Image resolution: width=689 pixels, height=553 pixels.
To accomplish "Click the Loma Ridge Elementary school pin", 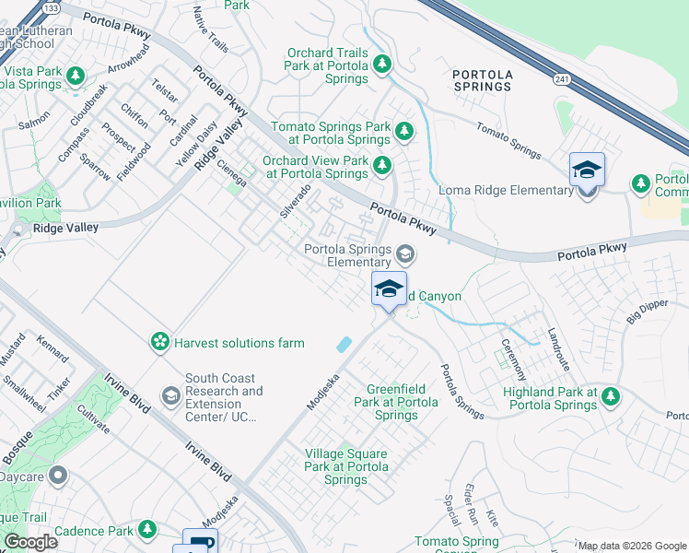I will tap(587, 171).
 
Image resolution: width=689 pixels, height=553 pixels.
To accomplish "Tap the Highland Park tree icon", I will tap(609, 396).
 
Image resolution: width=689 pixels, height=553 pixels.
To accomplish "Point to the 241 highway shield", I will tap(562, 80).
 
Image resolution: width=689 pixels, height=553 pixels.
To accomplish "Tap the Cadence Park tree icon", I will tap(147, 530).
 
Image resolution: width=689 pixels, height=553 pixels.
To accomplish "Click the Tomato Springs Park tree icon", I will tap(403, 132).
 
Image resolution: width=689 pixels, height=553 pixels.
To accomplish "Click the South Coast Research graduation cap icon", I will tap(170, 396).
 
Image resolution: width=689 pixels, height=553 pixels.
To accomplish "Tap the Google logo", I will tap(31, 542).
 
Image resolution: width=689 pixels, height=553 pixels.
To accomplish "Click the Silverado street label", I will tap(296, 200).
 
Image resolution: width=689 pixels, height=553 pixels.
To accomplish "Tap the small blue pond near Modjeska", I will tap(344, 344).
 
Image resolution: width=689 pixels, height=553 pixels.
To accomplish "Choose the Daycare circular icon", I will tap(58, 476).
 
